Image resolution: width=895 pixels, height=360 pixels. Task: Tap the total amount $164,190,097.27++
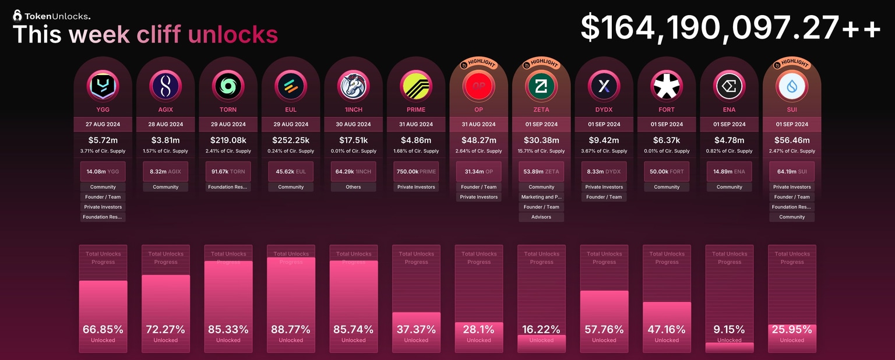coord(730,27)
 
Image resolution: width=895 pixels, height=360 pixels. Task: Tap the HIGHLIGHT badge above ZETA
coord(541,63)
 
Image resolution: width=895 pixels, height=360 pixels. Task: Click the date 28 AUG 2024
coord(165,124)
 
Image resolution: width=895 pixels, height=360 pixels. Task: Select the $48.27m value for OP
coord(479,140)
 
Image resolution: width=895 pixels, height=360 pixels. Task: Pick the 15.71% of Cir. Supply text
coord(541,151)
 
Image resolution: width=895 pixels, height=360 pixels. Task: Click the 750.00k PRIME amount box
coord(416,171)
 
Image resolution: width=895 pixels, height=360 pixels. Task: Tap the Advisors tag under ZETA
coord(541,217)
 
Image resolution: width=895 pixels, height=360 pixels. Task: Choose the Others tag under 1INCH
coord(354,187)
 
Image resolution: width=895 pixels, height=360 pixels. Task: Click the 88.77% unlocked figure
coord(291,330)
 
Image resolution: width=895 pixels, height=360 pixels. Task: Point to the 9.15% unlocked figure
coord(730,330)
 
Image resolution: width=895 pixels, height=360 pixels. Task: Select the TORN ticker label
coord(228,110)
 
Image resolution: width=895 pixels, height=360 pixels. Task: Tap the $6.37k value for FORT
coord(667,140)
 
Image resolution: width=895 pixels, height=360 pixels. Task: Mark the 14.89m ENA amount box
coord(730,171)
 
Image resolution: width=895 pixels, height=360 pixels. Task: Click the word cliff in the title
coord(159,34)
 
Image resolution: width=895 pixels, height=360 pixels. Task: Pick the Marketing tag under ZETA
coord(541,197)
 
